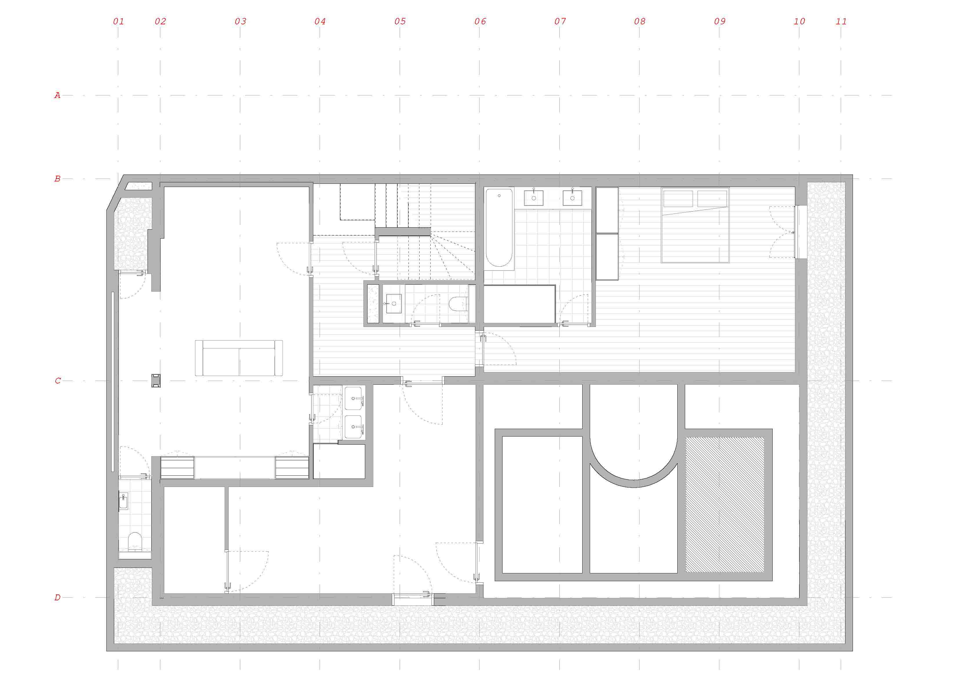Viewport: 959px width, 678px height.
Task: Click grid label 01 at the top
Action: tap(119, 21)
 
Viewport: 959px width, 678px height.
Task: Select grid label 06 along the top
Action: tap(480, 21)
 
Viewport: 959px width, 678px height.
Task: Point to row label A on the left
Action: tap(57, 95)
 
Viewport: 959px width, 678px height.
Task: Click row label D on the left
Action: tap(57, 597)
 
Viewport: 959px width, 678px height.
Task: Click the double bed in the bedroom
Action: tap(695, 225)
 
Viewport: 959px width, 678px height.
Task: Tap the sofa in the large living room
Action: tap(239, 358)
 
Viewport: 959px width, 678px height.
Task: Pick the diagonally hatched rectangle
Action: tap(725, 505)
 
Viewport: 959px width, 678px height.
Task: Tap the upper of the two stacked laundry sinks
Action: tap(353, 398)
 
